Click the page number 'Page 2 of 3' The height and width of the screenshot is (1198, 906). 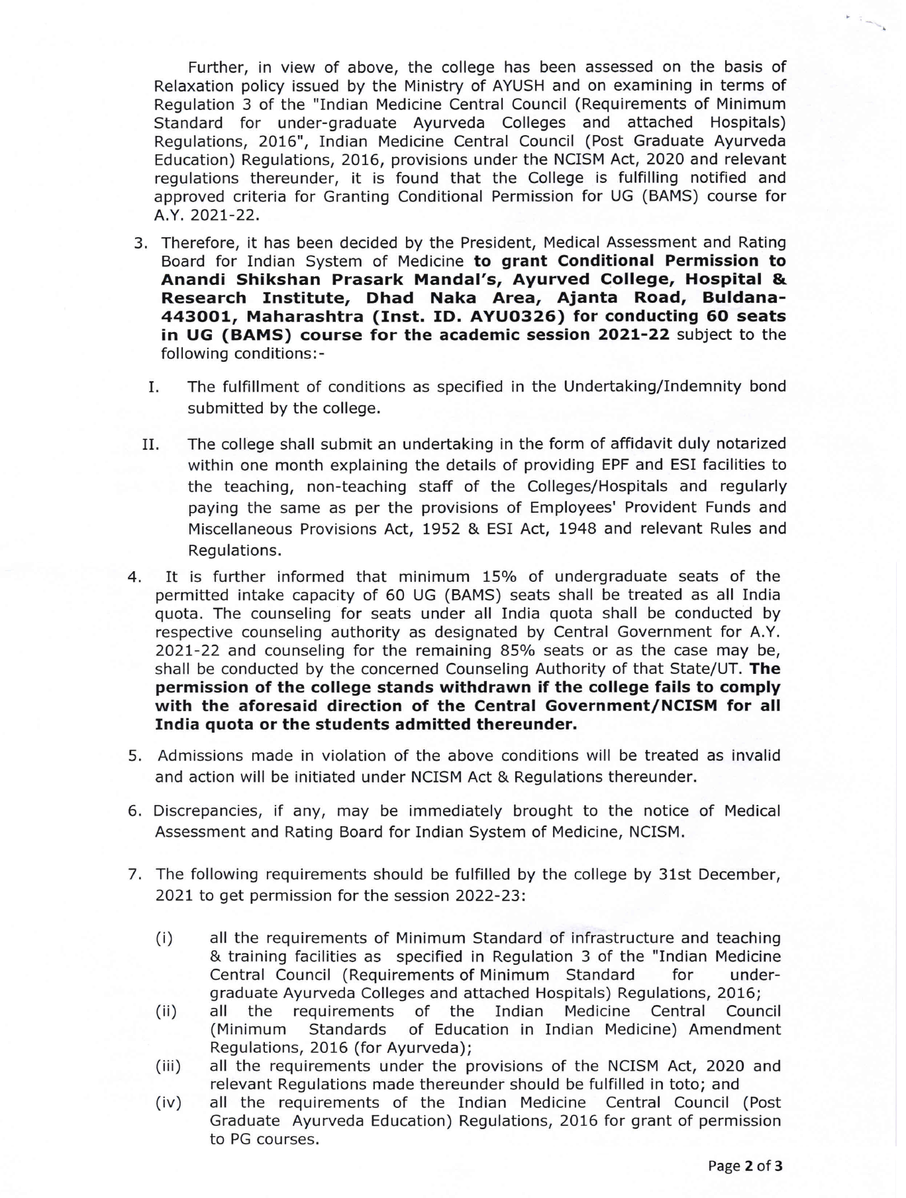[745, 1166]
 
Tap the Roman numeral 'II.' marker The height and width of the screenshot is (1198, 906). [150, 443]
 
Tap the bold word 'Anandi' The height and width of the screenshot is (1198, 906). [193, 279]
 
